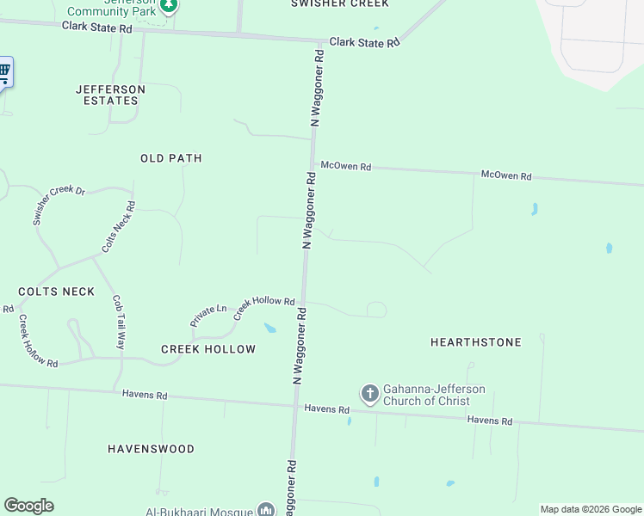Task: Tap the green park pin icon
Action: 170,5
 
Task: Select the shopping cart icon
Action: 4,71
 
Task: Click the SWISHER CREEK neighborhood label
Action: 339,3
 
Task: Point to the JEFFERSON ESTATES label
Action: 110,95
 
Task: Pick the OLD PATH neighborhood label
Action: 171,158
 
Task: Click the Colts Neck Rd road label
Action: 119,226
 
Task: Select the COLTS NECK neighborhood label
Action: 56,292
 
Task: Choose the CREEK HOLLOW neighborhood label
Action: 208,349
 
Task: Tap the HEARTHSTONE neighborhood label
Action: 475,342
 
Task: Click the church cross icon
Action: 370,395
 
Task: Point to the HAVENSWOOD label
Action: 151,449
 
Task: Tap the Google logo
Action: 28,506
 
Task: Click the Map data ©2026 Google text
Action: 591,509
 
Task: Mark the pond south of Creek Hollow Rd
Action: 270,328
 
